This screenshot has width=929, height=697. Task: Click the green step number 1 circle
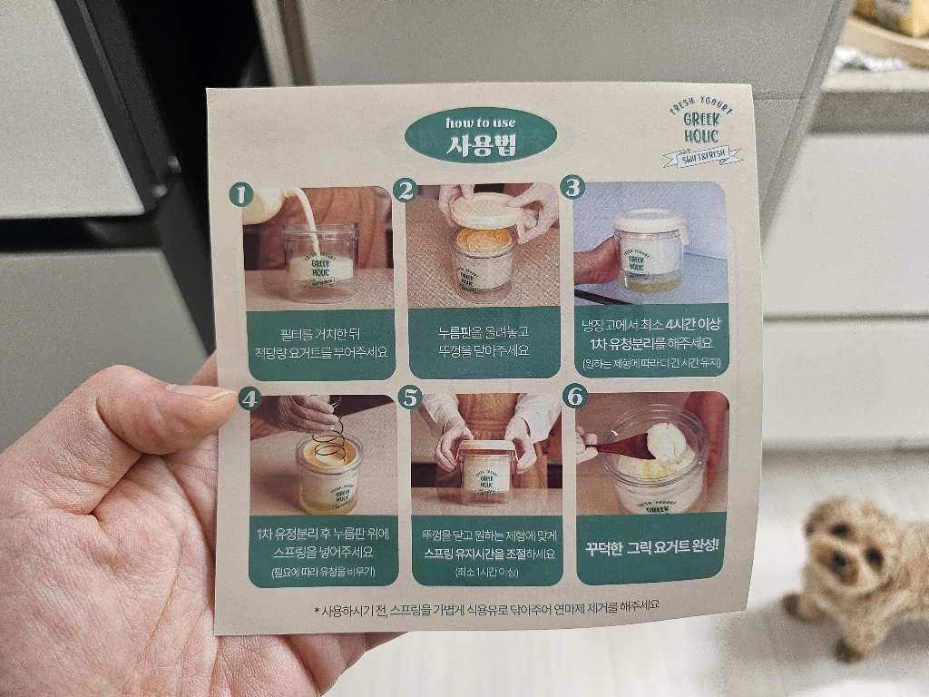point(240,194)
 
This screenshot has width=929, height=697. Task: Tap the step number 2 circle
point(406,190)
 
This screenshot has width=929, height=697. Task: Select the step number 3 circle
point(573,188)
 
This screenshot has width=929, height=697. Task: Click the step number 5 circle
point(412,397)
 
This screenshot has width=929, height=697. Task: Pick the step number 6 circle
point(577,396)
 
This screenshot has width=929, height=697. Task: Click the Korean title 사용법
point(482,145)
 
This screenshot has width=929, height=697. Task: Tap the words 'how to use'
point(480,123)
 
